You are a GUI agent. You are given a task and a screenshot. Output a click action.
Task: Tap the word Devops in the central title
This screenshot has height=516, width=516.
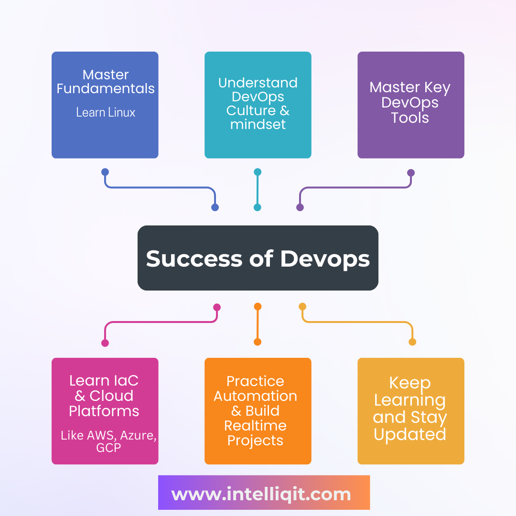coord(325,258)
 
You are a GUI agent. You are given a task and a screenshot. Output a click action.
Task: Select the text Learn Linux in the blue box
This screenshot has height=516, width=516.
coord(106,113)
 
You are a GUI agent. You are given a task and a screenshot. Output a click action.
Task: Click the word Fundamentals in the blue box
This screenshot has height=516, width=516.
coord(106,89)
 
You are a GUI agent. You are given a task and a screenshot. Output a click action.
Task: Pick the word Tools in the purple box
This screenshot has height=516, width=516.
coord(410,118)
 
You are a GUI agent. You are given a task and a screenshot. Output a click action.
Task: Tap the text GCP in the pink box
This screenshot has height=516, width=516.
coord(108,448)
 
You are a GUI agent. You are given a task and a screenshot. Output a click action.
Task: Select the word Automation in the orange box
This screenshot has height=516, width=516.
coord(255,396)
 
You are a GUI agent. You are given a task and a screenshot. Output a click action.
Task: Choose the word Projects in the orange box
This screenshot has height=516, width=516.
coord(255,441)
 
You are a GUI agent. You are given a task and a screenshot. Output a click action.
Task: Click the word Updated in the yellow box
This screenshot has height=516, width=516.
coord(410,434)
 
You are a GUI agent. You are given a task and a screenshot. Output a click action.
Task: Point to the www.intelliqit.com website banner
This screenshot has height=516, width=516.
coord(264,493)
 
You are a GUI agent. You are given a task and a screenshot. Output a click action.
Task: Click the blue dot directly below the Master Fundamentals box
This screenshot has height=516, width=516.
coord(105,172)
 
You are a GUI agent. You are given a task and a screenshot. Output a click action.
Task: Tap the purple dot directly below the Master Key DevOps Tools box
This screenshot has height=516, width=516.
coord(411,172)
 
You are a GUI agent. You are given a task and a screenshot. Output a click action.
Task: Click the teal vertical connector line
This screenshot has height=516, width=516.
coord(258,190)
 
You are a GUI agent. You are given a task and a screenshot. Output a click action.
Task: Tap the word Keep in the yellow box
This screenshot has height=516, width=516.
coord(410,383)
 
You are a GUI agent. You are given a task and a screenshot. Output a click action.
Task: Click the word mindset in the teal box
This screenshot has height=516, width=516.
coord(258,125)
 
